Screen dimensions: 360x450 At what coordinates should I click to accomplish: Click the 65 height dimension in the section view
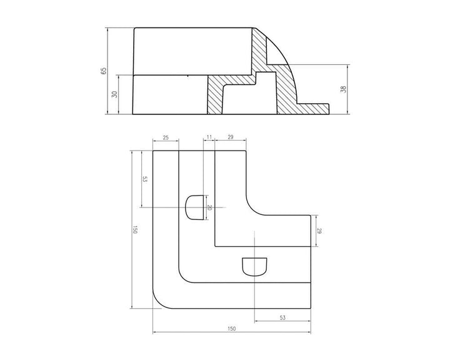click(104, 71)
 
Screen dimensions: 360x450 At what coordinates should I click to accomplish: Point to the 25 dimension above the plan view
click(166, 137)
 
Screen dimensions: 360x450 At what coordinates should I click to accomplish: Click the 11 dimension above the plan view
click(209, 136)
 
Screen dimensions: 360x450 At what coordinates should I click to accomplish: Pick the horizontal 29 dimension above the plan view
click(231, 137)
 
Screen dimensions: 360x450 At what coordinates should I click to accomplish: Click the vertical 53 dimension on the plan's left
click(144, 179)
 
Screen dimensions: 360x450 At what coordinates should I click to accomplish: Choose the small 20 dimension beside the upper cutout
click(210, 207)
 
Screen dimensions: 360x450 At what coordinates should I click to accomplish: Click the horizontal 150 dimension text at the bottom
click(231, 328)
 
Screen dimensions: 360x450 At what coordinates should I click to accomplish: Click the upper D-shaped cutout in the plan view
click(194, 207)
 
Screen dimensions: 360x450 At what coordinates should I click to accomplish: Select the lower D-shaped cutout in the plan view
click(254, 266)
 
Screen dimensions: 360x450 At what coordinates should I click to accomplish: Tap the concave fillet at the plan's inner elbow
click(255, 207)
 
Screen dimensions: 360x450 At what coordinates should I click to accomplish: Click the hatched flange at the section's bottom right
click(312, 109)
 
